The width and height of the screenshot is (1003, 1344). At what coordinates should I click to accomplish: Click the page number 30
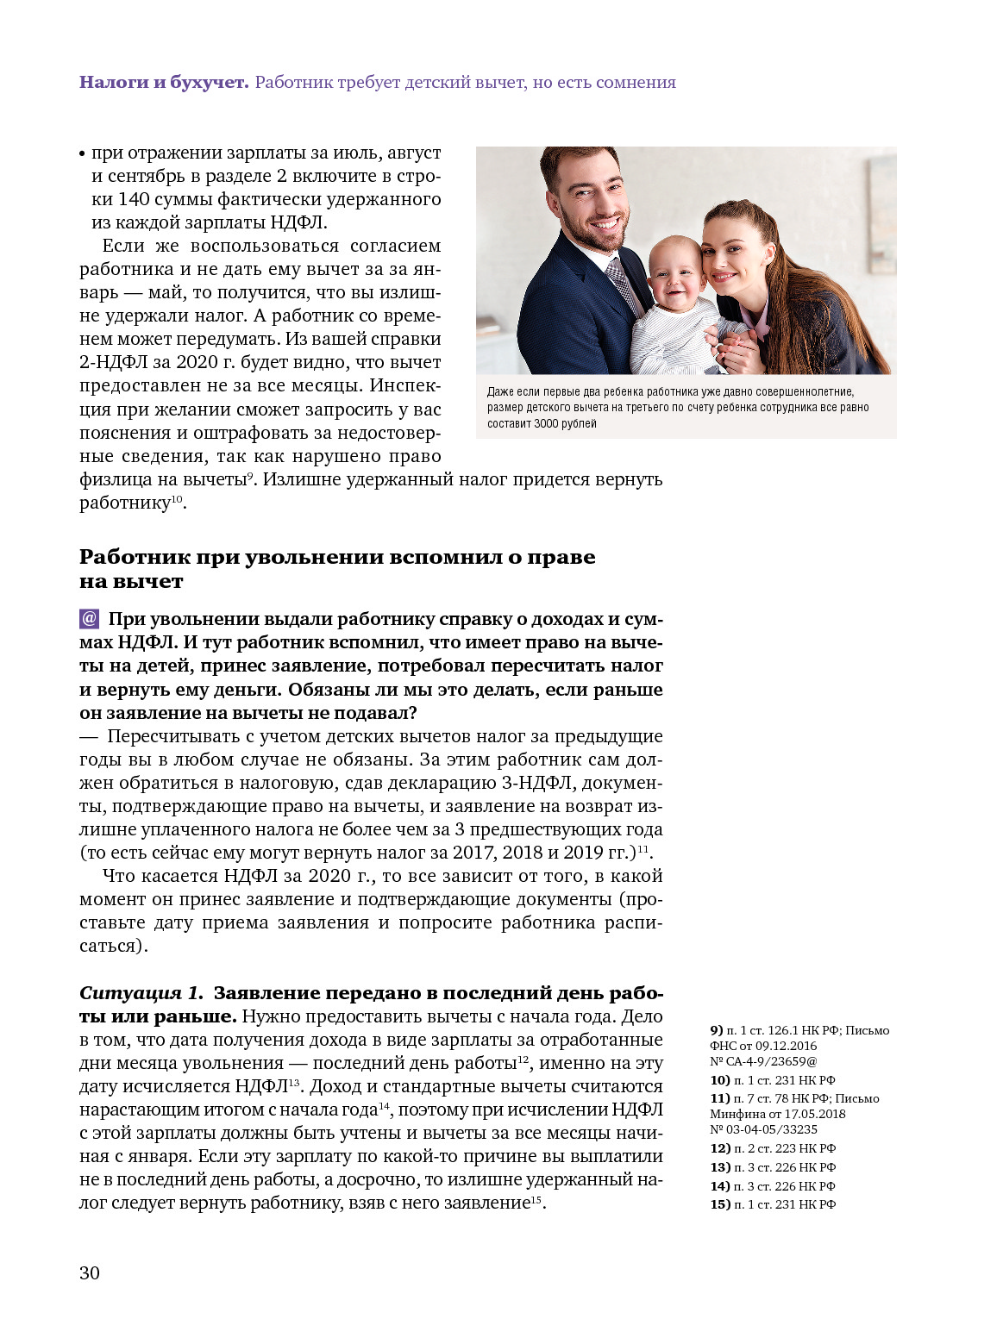[90, 1273]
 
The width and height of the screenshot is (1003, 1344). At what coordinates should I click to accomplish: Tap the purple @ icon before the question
[89, 619]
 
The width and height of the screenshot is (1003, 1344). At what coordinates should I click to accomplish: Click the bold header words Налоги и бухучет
[164, 83]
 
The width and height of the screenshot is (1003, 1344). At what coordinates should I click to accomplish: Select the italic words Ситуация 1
[141, 993]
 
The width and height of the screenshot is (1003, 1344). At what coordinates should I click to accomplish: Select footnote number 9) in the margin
[717, 1030]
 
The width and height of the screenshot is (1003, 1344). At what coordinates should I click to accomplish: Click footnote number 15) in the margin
[720, 1204]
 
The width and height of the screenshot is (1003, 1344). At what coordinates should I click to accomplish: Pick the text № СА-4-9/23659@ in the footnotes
[763, 1061]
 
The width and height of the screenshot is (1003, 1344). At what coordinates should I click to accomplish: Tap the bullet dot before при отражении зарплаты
[83, 154]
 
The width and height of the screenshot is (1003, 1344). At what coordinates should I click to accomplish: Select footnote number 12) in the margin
[720, 1148]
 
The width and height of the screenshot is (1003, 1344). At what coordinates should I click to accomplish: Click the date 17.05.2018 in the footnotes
[814, 1114]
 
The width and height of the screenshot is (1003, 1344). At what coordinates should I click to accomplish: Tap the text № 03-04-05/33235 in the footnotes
[763, 1129]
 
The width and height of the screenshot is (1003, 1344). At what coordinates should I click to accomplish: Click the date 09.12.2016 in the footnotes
[786, 1046]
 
